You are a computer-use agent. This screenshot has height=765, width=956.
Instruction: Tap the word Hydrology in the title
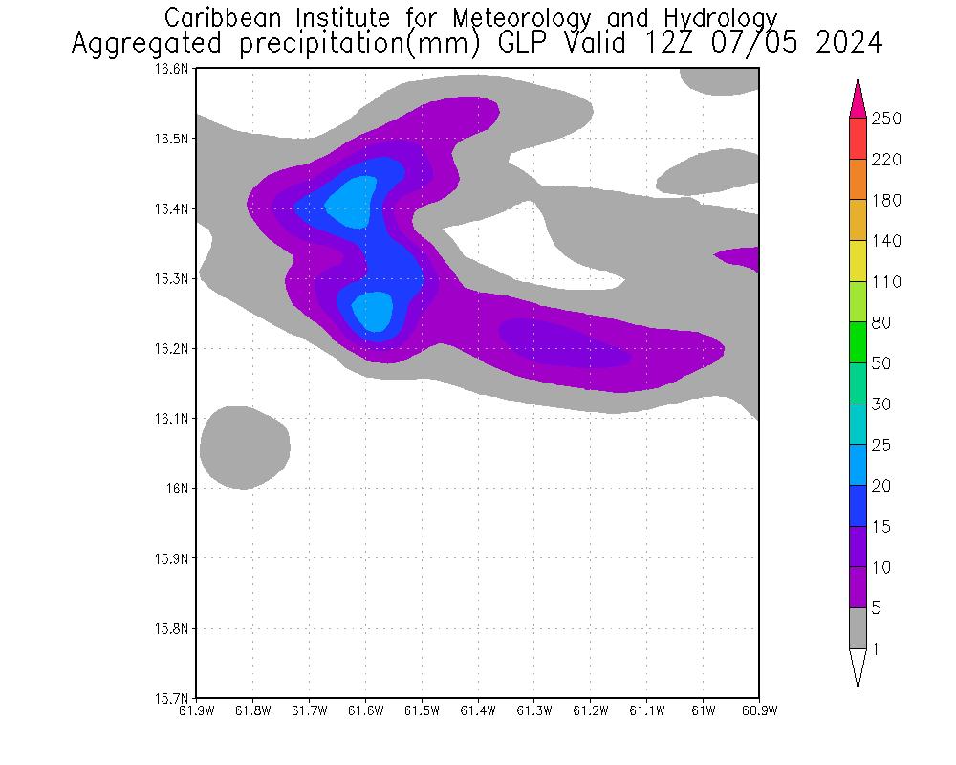click(x=717, y=18)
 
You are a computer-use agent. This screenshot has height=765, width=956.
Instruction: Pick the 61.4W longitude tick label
click(x=478, y=710)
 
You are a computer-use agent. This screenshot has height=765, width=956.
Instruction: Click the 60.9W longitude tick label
click(x=759, y=710)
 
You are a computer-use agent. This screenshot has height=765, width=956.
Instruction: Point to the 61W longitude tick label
click(x=703, y=710)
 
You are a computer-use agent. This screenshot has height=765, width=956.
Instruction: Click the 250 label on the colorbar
click(x=887, y=119)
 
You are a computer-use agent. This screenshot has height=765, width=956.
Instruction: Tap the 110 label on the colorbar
click(x=887, y=282)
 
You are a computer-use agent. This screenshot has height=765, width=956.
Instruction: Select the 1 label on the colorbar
click(x=876, y=649)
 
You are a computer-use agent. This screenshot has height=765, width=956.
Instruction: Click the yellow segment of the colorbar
click(x=858, y=261)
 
